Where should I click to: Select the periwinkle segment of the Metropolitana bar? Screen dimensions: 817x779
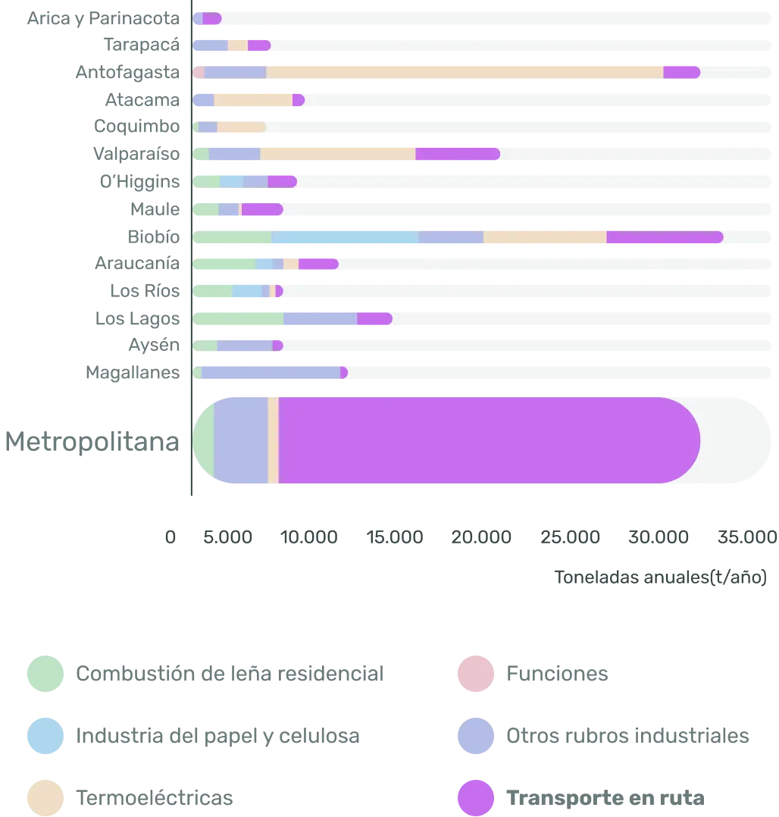240,440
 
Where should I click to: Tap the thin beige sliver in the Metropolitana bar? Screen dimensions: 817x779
274,440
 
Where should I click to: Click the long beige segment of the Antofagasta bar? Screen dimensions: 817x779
464,72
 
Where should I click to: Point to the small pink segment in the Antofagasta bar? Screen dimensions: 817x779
199,72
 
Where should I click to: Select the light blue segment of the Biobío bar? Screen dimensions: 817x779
345,237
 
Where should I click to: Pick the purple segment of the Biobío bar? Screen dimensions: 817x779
664,237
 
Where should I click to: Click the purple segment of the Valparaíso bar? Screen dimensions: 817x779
457,154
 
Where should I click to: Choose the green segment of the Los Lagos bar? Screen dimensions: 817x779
238,318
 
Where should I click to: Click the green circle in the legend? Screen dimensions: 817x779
45,674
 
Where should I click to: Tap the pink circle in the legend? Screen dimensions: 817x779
476,674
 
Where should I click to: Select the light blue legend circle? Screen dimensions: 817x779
45,736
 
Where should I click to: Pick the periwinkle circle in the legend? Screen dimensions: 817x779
476,736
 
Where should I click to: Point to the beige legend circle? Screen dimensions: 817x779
45,797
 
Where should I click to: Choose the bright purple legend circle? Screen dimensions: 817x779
476,797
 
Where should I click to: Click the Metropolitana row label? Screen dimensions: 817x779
94,443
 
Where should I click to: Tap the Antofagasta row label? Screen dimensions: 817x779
127,72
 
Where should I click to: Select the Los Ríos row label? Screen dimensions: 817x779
145,290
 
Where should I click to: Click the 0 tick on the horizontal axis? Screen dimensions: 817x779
170,536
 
